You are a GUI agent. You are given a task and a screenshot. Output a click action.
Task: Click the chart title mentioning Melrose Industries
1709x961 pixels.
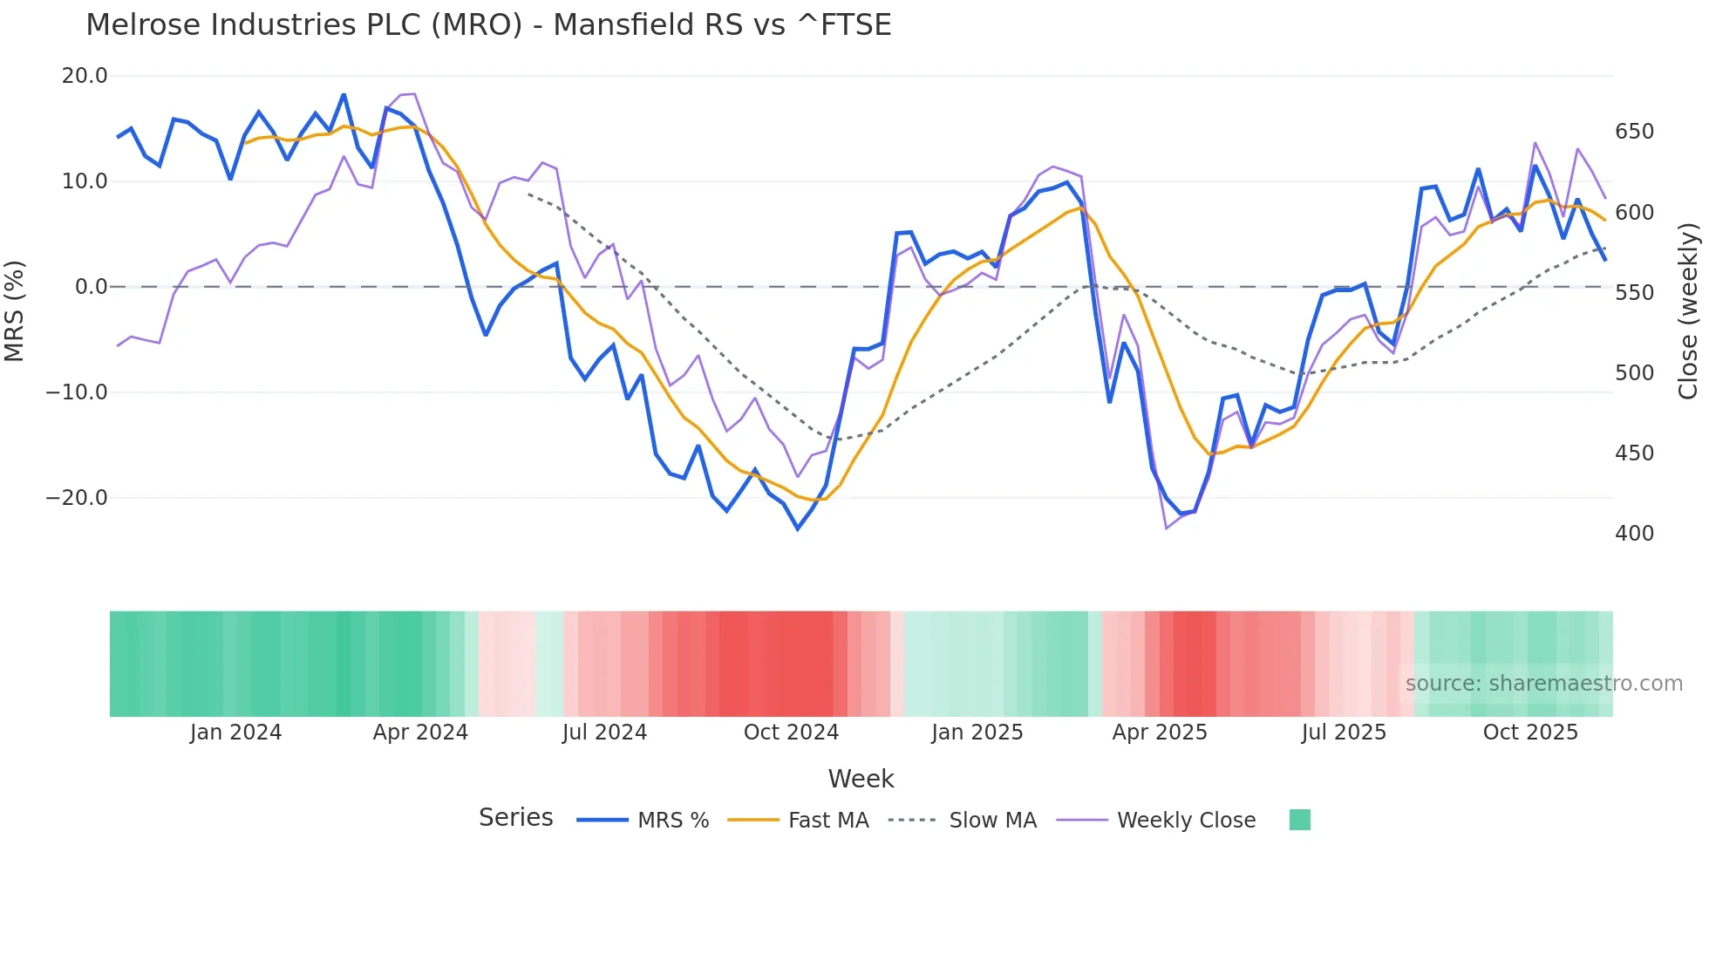(x=488, y=25)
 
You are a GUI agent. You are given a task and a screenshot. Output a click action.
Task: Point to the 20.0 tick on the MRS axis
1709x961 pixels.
(x=85, y=76)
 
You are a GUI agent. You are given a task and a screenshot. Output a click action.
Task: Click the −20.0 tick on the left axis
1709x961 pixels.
(x=77, y=498)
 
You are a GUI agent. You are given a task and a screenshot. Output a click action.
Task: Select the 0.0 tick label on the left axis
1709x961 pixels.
(x=91, y=287)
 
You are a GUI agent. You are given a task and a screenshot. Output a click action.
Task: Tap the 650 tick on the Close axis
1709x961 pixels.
(x=1634, y=132)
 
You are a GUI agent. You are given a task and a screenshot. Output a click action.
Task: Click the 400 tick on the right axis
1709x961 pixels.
(x=1634, y=534)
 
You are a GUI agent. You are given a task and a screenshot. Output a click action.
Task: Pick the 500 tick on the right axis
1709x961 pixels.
(x=1634, y=373)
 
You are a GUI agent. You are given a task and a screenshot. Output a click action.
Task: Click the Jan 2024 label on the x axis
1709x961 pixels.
(x=235, y=733)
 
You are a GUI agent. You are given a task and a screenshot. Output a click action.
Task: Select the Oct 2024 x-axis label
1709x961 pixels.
(x=791, y=733)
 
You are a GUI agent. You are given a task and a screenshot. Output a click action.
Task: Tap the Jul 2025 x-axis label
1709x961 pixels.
(x=1344, y=733)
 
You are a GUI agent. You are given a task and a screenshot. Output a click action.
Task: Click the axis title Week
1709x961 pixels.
(x=861, y=779)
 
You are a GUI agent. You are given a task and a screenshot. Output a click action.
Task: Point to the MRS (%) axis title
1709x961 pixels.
(x=15, y=310)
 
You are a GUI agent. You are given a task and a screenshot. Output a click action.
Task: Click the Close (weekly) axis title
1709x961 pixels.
(x=1688, y=310)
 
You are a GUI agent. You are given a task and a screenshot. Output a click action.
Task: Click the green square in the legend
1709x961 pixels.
(x=1299, y=820)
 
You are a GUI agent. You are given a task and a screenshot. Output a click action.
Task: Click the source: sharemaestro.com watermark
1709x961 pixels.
(x=1543, y=684)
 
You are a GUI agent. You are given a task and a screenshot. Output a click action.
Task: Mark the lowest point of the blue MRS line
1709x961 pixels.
(x=797, y=528)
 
